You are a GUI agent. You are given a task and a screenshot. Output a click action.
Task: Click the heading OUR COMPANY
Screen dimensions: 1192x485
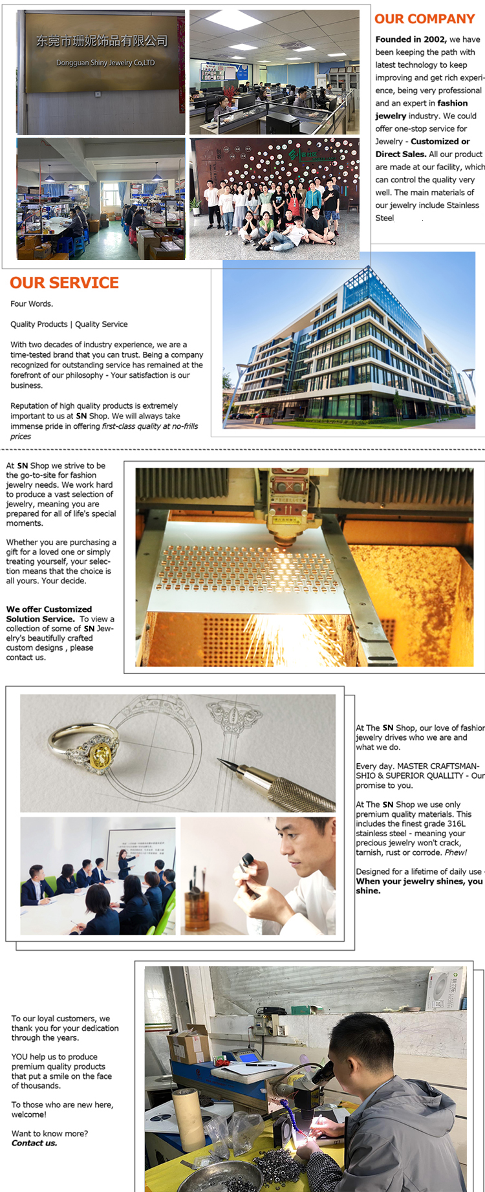(x=425, y=19)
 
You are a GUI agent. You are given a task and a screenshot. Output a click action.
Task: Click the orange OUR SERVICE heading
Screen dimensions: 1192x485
(x=65, y=283)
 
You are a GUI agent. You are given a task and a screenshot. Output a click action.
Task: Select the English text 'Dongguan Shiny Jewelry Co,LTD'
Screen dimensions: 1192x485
(x=105, y=63)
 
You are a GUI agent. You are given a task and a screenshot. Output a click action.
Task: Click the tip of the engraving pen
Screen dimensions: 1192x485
(x=222, y=762)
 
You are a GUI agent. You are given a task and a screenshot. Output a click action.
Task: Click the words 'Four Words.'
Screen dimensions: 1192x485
(x=32, y=304)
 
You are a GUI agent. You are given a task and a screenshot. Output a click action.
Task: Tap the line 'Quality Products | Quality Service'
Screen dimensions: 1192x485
(x=69, y=324)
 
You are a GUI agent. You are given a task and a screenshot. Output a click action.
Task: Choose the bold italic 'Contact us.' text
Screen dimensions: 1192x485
(x=34, y=1143)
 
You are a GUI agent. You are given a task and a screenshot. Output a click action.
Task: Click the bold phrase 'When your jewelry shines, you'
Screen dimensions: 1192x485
(x=419, y=881)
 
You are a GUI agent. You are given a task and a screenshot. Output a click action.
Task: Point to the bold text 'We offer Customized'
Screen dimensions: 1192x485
(x=49, y=609)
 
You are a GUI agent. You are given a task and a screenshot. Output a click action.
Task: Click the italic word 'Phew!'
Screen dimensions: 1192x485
(x=455, y=852)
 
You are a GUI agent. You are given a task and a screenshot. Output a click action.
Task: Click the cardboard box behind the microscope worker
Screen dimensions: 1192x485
(x=188, y=1042)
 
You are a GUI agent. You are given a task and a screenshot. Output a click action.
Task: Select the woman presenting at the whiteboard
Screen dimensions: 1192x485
(x=124, y=863)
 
